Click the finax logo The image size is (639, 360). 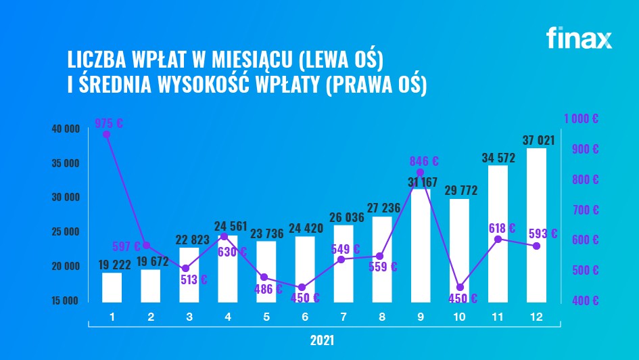579,38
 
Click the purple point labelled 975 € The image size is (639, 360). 106,134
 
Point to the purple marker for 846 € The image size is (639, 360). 421,173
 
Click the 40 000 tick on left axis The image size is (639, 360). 66,129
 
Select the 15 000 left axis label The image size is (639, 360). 66,300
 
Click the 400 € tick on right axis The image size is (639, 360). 586,300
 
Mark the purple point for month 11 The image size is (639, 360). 498,239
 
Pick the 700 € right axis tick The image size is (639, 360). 586,210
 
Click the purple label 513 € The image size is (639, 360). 194,279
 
